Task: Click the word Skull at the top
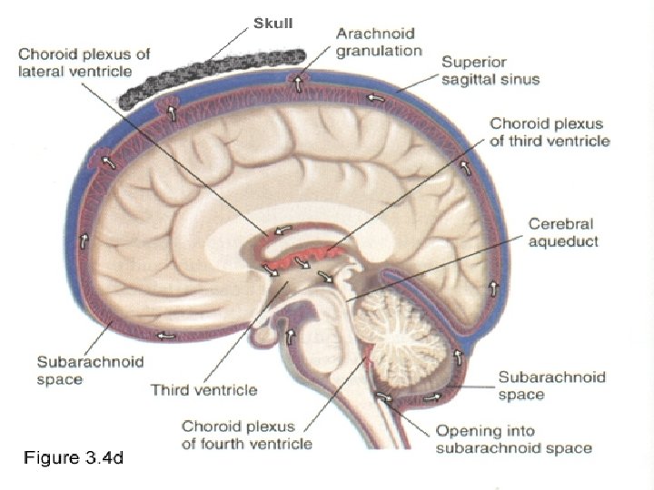tap(273, 23)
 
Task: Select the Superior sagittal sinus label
tap(490, 71)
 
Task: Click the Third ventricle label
tap(203, 390)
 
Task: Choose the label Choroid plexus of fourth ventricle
tap(246, 435)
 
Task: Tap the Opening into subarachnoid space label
tap(514, 439)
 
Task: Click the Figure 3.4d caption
tap(73, 459)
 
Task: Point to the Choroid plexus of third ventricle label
tap(550, 132)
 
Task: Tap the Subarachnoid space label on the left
tap(90, 370)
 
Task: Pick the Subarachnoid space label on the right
tap(551, 386)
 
